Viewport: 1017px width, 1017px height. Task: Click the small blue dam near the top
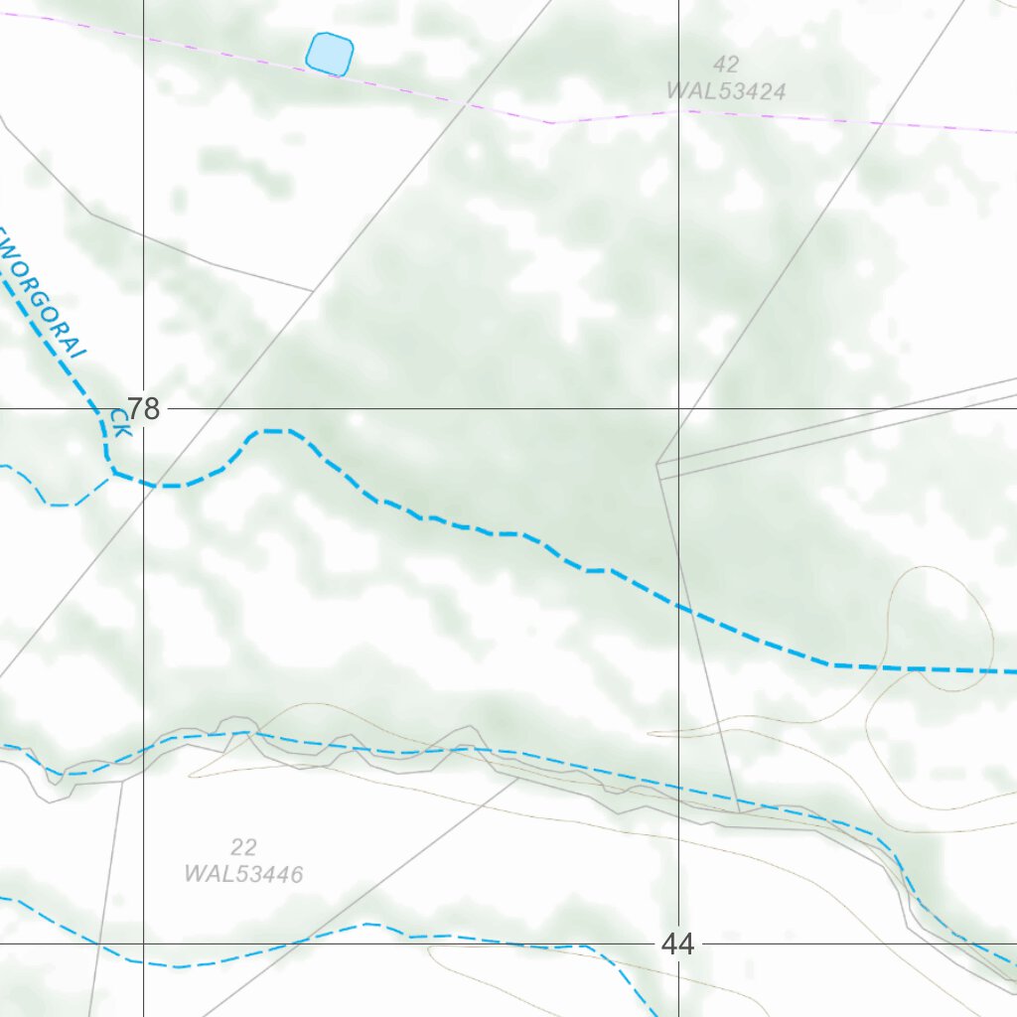click(x=330, y=54)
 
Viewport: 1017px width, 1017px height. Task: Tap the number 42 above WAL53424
click(x=726, y=65)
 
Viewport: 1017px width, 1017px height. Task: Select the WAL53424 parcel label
click(x=726, y=91)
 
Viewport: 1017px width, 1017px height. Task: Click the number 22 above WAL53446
click(x=243, y=847)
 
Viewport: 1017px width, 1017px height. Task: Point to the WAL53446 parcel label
click(x=243, y=874)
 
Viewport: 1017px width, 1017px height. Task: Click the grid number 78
click(x=143, y=408)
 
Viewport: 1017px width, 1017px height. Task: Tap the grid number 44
click(x=677, y=944)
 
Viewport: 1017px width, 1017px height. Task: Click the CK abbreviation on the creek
click(x=120, y=424)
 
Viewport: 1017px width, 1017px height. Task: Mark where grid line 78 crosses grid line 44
click(x=679, y=408)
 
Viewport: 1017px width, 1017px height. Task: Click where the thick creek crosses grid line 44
click(x=679, y=603)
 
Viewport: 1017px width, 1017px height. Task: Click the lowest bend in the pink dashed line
click(x=553, y=123)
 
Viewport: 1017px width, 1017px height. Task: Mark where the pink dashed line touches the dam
click(x=328, y=73)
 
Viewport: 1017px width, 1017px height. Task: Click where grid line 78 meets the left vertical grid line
click(x=143, y=408)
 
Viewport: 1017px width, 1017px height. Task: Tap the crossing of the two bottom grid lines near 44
click(x=679, y=944)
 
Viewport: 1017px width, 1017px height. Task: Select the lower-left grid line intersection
click(x=143, y=944)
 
